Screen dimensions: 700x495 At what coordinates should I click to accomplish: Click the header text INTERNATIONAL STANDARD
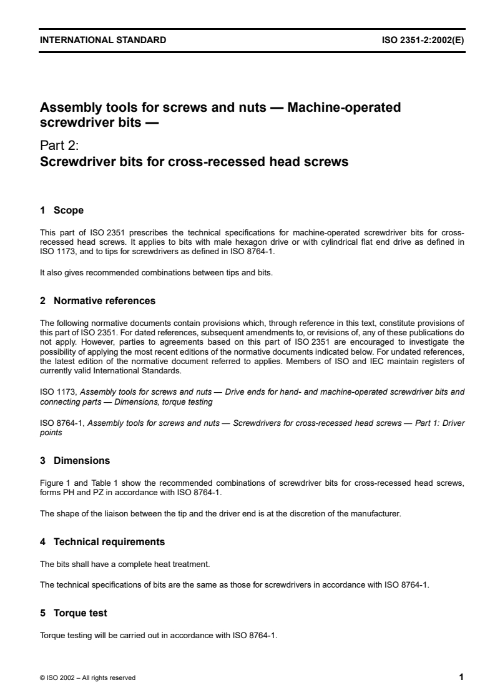(103, 40)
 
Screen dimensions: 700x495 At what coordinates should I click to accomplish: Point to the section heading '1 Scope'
(61, 210)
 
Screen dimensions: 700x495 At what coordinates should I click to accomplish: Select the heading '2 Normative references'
(97, 301)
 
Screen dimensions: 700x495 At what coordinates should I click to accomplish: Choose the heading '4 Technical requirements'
(102, 541)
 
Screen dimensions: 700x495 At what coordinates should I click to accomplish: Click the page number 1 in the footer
(461, 677)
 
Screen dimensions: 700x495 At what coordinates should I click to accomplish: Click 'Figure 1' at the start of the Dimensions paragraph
(52, 485)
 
